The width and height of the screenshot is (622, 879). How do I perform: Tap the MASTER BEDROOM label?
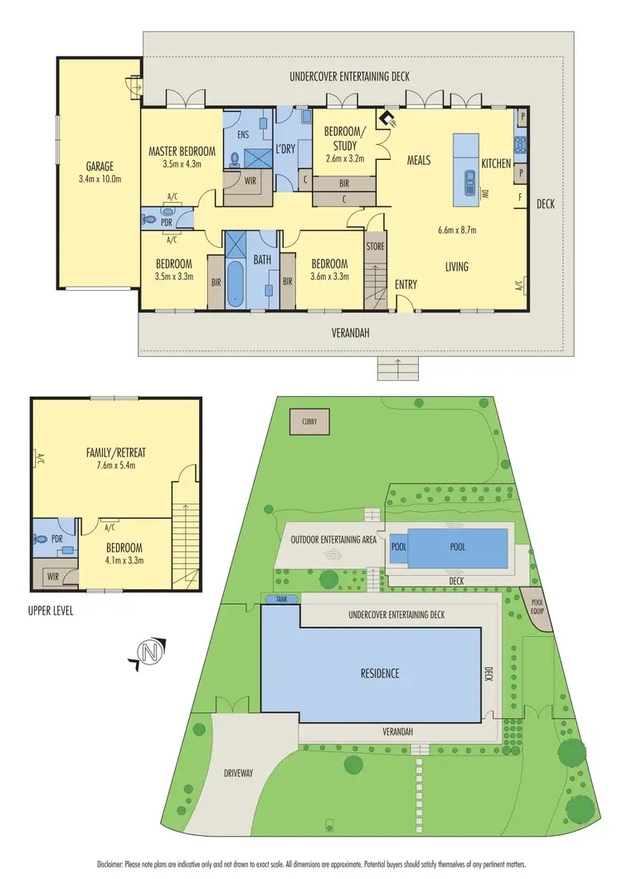[x=182, y=152]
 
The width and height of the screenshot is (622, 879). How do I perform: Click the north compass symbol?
[x=149, y=653]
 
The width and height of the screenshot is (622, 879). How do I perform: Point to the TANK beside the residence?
[x=276, y=599]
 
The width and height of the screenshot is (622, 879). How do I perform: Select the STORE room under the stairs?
[x=376, y=245]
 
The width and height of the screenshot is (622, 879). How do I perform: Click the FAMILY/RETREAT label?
[x=115, y=452]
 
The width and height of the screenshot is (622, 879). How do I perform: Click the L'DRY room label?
[x=286, y=151]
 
